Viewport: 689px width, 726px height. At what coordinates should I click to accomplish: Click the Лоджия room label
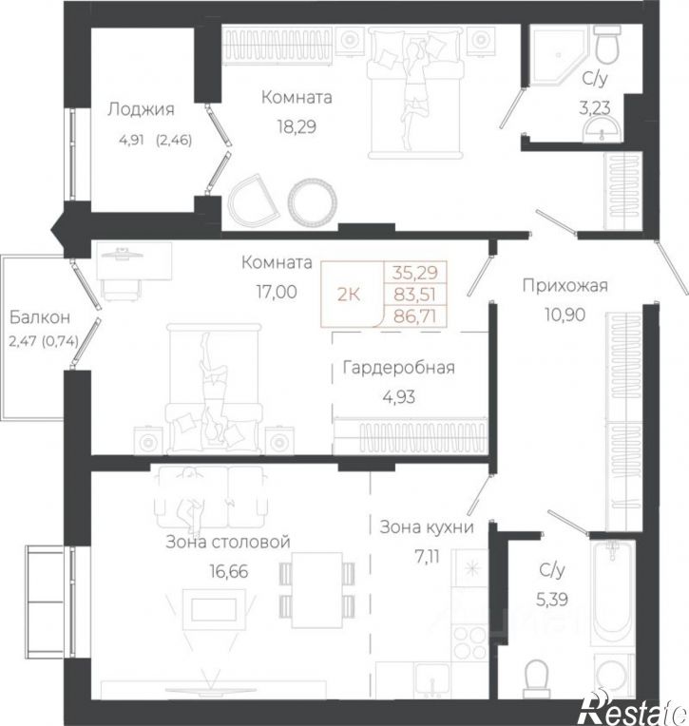[x=142, y=109]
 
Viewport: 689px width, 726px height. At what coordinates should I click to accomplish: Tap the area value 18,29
[x=297, y=126]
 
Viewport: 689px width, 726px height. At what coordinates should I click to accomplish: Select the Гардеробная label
[x=399, y=368]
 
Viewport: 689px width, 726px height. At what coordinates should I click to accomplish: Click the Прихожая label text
[x=565, y=286]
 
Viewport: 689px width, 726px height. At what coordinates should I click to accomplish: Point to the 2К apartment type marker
[x=349, y=295]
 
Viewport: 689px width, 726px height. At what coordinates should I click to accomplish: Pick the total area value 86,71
[x=415, y=316]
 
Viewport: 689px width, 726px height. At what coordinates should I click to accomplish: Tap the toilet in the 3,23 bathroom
[x=607, y=44]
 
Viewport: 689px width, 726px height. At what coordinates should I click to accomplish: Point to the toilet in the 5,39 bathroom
[x=537, y=678]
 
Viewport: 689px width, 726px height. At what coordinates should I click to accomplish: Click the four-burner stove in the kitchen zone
[x=469, y=642]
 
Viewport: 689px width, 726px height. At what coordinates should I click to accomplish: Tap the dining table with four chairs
[x=317, y=591]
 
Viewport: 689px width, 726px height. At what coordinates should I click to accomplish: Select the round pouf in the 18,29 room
[x=312, y=201]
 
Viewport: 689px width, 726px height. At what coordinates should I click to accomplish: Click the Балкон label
[x=40, y=317]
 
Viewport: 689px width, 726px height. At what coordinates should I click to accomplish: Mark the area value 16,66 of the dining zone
[x=229, y=571]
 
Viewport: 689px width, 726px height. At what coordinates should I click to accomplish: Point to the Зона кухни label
[x=427, y=526]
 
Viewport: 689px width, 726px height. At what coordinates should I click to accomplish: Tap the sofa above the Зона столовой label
[x=211, y=496]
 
